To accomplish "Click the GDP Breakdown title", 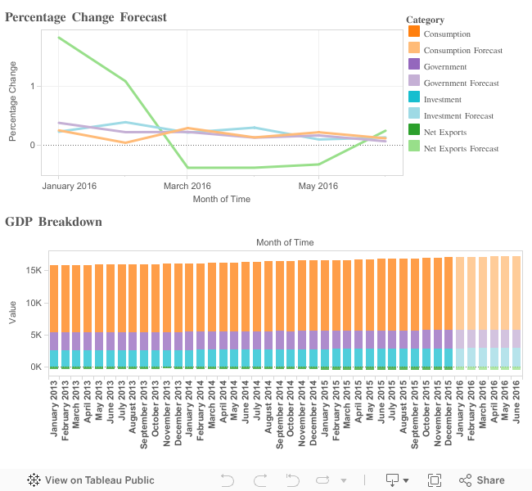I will click(53, 222).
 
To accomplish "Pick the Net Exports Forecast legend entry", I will click(461, 148).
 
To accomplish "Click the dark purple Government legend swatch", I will click(414, 66).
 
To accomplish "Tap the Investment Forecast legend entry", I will click(458, 115).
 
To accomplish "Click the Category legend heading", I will click(425, 20).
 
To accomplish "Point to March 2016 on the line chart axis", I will click(187, 187).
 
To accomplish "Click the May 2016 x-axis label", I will click(318, 187).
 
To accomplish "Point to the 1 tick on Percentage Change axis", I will click(32, 86).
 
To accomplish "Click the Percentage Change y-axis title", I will click(12, 111).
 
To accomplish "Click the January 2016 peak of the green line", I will click(59, 38).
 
